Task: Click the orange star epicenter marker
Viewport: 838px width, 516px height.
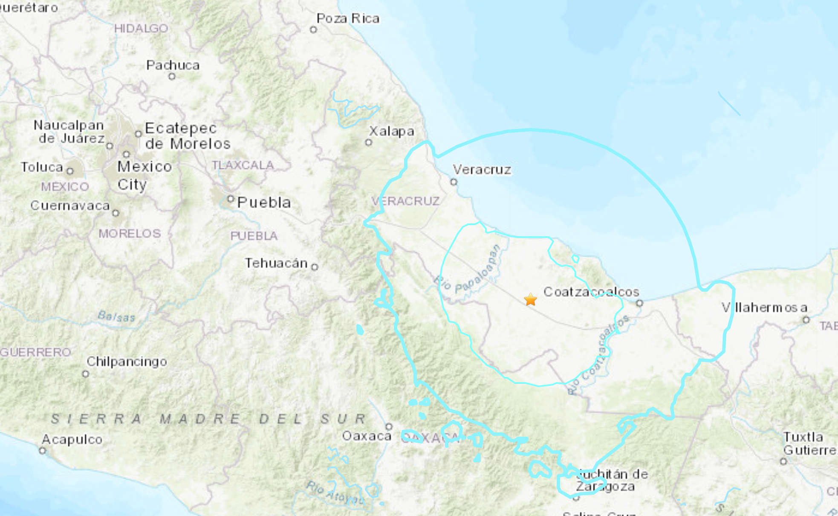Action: [x=530, y=300]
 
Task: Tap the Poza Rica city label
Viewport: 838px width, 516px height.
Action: [x=348, y=19]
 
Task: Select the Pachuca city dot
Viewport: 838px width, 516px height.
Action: [x=172, y=77]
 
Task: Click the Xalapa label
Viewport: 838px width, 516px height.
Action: [x=391, y=131]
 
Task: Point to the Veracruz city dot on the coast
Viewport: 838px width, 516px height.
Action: [x=454, y=182]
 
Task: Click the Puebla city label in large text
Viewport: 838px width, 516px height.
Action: [x=264, y=203]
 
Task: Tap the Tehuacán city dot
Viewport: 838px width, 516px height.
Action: [x=315, y=267]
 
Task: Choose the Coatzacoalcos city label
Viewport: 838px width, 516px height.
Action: [x=591, y=292]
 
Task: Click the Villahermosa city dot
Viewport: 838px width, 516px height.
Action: [x=806, y=320]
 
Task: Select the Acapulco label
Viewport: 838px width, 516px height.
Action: [x=72, y=440]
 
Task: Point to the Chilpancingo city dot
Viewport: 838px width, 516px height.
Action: [x=86, y=374]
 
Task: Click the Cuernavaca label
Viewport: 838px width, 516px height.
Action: [x=70, y=206]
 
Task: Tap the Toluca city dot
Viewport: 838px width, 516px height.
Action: [x=70, y=171]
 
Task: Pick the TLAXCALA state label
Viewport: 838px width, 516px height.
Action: [x=243, y=165]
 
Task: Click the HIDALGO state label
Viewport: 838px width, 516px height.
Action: [x=141, y=29]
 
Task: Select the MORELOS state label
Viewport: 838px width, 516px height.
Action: [x=130, y=234]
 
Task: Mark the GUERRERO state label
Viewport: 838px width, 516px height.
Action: [x=36, y=352]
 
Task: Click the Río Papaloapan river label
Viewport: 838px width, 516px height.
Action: [x=468, y=271]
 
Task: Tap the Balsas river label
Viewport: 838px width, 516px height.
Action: [x=116, y=317]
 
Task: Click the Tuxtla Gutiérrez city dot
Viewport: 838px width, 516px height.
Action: [x=783, y=461]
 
